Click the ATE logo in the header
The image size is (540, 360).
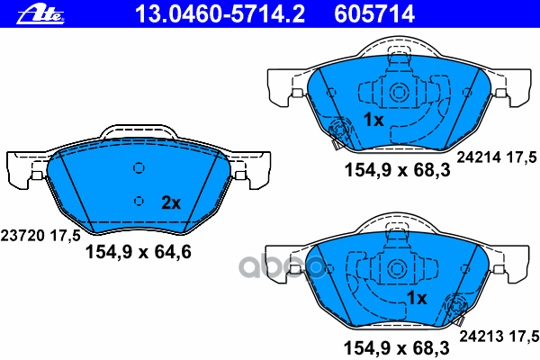click(40, 14)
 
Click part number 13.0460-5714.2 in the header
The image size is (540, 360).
click(220, 14)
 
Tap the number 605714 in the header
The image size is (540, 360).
click(374, 14)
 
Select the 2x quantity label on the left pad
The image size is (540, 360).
click(171, 202)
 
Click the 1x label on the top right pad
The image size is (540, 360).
click(373, 120)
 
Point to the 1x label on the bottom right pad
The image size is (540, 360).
click(417, 298)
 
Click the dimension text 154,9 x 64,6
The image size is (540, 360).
click(138, 252)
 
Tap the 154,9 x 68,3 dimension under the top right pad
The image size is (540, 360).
click(397, 170)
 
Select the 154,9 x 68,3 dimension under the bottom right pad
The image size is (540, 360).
click(396, 348)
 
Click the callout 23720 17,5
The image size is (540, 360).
click(40, 236)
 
